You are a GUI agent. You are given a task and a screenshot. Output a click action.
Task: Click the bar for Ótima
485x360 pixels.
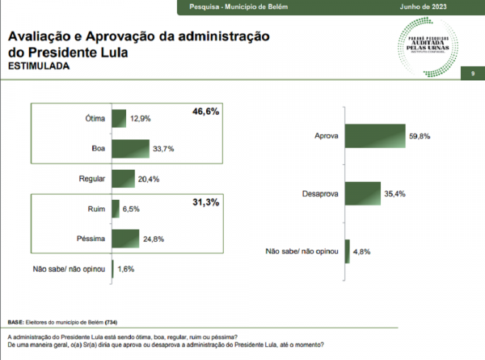(120, 119)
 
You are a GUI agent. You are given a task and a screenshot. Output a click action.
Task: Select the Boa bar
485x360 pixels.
(131, 150)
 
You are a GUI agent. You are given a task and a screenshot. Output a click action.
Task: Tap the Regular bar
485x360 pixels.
(123, 179)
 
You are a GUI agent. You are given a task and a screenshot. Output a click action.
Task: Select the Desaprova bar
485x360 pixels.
(362, 194)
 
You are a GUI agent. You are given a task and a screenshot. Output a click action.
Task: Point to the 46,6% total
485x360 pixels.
(206, 111)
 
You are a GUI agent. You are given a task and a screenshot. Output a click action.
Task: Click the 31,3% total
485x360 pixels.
(206, 201)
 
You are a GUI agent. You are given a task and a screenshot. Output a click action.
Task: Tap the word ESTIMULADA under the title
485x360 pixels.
(38, 67)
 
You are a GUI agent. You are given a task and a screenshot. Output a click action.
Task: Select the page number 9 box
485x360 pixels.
(471, 74)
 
